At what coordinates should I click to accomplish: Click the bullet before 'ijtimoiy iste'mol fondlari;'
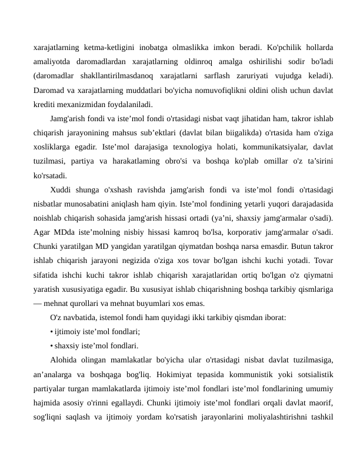tap(52, 331)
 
